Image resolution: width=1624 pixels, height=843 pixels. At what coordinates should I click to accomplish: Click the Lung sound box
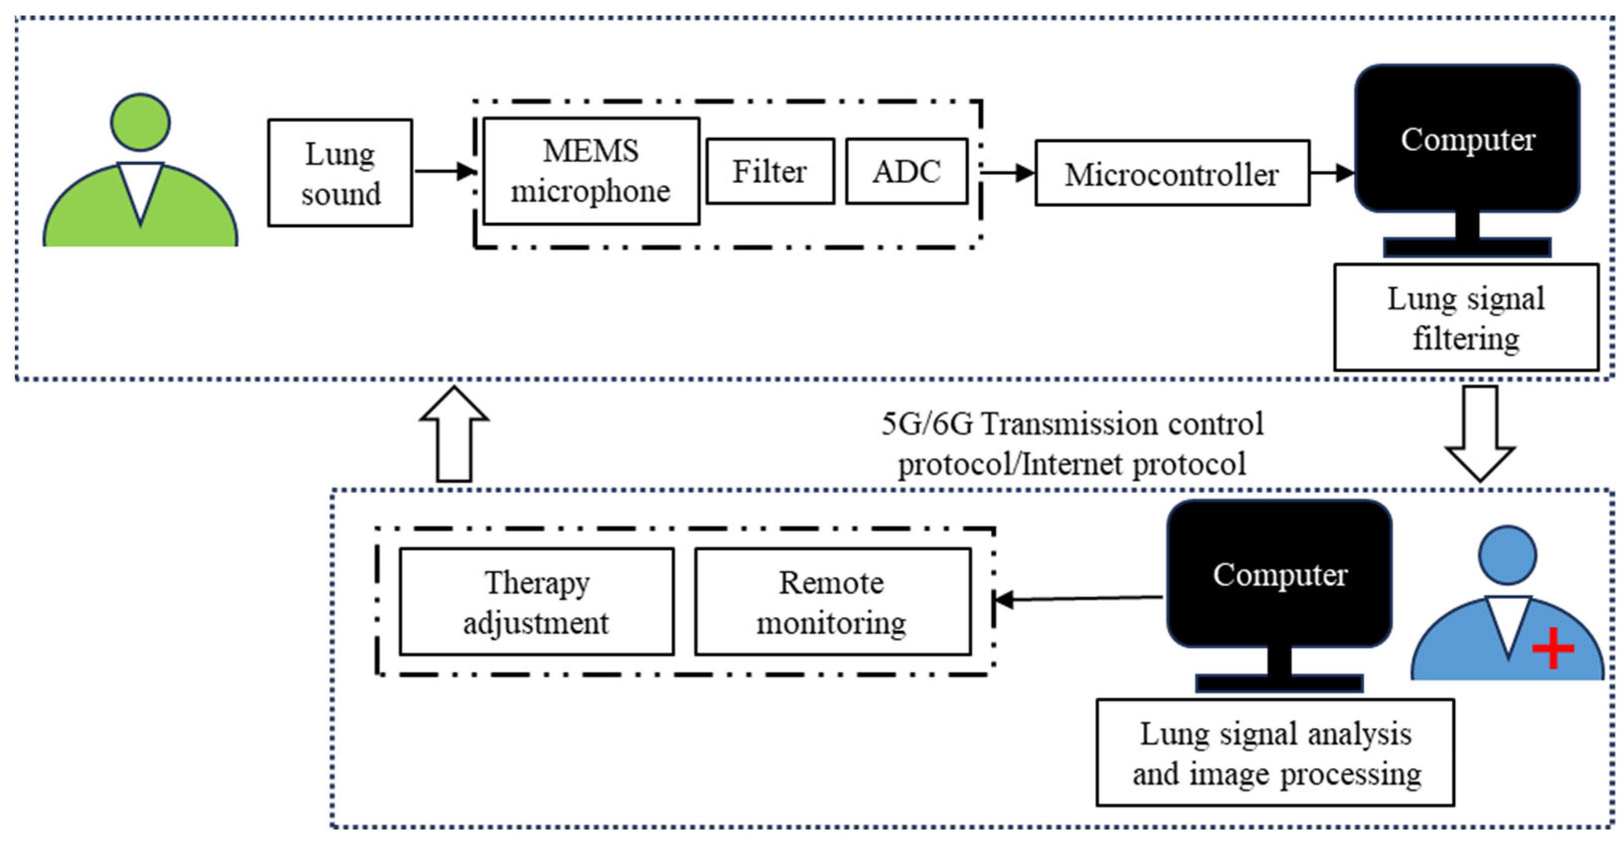[x=340, y=173]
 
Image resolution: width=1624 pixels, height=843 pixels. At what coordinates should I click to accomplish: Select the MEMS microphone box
[x=591, y=171]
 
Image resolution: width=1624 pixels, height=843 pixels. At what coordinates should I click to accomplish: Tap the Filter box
[x=770, y=171]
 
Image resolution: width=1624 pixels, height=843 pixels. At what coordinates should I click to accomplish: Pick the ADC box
[x=906, y=171]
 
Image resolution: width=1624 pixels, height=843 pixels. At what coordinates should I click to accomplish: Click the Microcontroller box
[x=1172, y=173]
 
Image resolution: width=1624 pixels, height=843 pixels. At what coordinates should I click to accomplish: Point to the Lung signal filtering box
[x=1466, y=317]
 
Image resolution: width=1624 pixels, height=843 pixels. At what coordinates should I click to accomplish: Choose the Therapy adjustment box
[x=537, y=601]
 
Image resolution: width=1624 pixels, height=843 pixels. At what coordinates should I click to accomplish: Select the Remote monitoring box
[x=832, y=601]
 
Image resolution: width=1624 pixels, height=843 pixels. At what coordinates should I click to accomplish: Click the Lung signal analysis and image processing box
[x=1275, y=752]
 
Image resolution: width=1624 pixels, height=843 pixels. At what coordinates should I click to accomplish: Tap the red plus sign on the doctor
[x=1553, y=648]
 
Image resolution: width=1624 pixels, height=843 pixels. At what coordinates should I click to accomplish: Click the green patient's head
[x=140, y=122]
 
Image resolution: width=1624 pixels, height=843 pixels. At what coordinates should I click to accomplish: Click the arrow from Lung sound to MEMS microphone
[x=444, y=171]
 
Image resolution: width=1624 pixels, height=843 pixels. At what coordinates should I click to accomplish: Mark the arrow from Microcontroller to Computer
[x=1331, y=172]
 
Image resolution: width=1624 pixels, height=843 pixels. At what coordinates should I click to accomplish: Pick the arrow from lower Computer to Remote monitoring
[x=1078, y=598]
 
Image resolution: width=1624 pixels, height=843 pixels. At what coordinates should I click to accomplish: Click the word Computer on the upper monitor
[x=1468, y=140]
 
